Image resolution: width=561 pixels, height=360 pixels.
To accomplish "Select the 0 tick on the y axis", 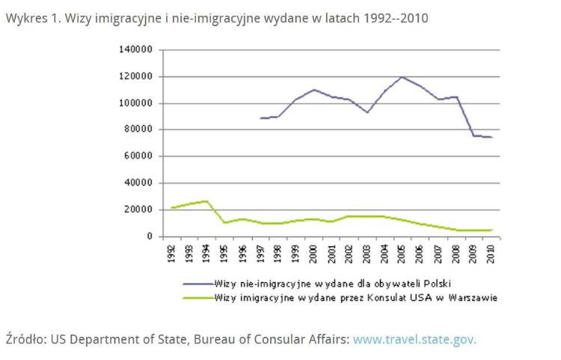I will point(150,237).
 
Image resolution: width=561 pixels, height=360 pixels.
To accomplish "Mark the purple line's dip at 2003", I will point(367,112).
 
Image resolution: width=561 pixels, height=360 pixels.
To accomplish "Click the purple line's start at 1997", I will point(261,118).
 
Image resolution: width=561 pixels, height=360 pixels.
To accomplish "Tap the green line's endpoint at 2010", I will point(491,230).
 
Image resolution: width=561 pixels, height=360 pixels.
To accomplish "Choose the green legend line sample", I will point(197,297).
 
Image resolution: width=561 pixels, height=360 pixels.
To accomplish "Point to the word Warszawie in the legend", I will point(473,297).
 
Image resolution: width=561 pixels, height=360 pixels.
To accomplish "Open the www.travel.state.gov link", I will point(414,338).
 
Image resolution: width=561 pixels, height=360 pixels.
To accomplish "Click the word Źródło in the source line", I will point(24,338).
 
